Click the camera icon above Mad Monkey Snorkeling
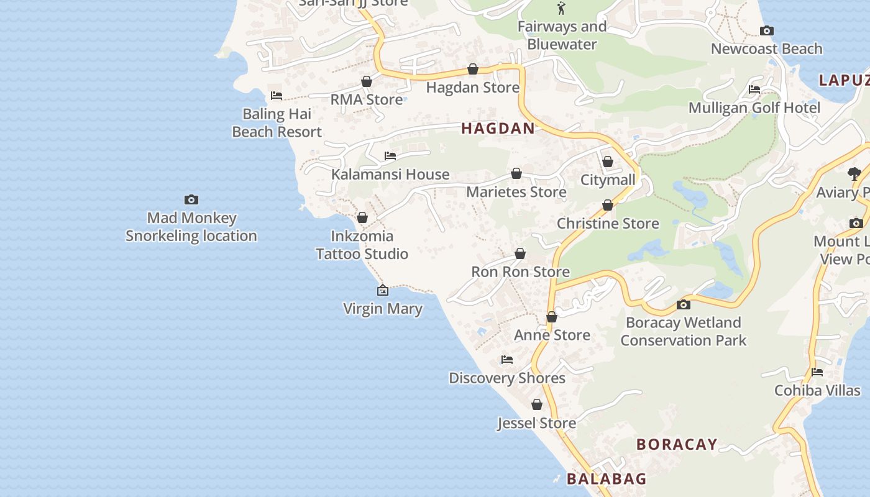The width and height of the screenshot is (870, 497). (191, 199)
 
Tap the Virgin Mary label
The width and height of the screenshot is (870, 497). (383, 308)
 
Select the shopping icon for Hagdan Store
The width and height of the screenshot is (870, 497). (473, 69)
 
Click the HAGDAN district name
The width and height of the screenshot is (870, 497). (498, 129)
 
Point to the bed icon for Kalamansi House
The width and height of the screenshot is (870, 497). (390, 156)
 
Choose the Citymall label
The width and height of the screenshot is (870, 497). (608, 180)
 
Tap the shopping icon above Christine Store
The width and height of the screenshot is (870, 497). (608, 206)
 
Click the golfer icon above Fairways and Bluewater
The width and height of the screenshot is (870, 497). (562, 8)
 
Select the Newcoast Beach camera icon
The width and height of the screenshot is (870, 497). (767, 30)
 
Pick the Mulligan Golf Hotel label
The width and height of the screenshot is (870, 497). (754, 108)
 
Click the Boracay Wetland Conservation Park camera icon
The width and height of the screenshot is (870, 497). (684, 304)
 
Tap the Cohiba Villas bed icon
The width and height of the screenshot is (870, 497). (817, 373)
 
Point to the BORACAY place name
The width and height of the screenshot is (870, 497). (677, 445)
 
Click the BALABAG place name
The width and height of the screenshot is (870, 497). (607, 479)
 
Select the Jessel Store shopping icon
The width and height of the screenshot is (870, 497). (537, 405)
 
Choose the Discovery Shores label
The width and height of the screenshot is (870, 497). (507, 378)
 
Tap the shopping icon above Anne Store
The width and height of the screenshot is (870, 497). (552, 317)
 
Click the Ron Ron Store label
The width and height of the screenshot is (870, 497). (520, 272)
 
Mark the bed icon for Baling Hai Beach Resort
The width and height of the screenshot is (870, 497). (277, 96)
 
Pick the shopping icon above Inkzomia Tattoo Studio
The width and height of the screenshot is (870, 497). (362, 217)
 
